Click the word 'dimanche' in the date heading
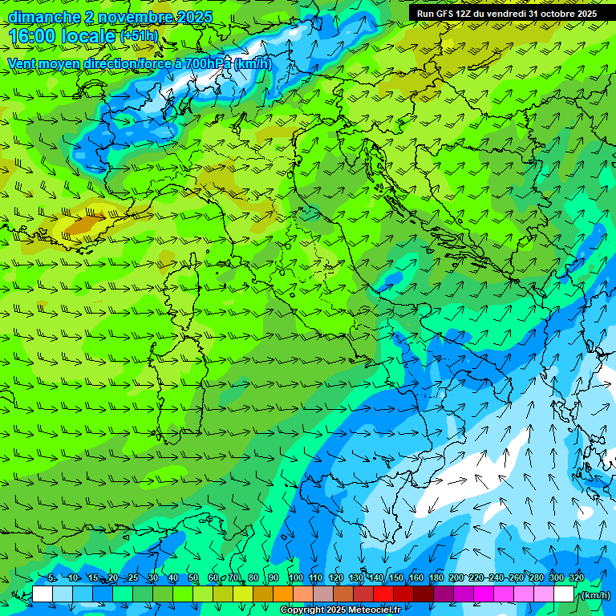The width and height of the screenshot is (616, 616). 43,17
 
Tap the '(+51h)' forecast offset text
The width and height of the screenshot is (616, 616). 138,36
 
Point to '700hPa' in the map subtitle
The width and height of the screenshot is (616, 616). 208,63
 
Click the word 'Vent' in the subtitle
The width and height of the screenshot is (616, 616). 22,63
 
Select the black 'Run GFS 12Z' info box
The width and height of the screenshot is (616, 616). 505,13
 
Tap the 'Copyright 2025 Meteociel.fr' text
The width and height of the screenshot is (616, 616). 340,610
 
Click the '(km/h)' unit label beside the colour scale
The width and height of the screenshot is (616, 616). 594,595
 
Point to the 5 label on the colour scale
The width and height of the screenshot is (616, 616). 51,578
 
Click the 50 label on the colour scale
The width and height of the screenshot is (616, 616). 193,578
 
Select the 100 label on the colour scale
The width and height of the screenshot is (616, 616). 295,578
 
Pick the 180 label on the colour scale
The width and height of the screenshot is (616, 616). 436,578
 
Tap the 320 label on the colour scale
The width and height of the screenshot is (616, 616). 577,578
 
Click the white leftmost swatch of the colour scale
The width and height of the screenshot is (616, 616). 43,594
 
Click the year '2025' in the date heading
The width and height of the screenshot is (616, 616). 193,17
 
